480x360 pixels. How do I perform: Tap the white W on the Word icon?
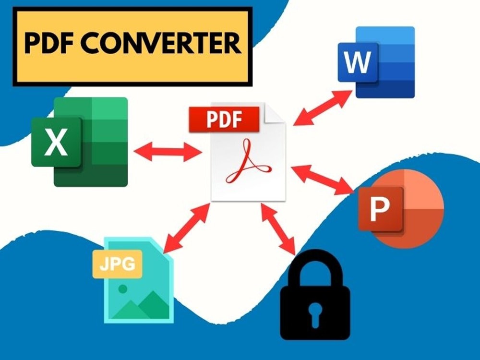coord(357,62)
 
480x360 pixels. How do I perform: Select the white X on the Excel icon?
coord(56,142)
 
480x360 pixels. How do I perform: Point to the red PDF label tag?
coord(224,120)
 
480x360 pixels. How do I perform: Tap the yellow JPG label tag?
coord(118,264)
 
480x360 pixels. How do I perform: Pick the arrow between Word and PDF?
coord(323,108)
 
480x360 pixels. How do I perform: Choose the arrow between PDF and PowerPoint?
coord(323,180)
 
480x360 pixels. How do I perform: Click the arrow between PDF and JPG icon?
coord(187,228)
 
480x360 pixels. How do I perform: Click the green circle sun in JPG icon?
coord(123,288)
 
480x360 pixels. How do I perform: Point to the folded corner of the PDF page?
coord(275,113)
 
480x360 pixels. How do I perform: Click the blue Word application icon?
coord(376,62)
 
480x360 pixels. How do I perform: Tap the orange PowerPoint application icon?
coord(401,209)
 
